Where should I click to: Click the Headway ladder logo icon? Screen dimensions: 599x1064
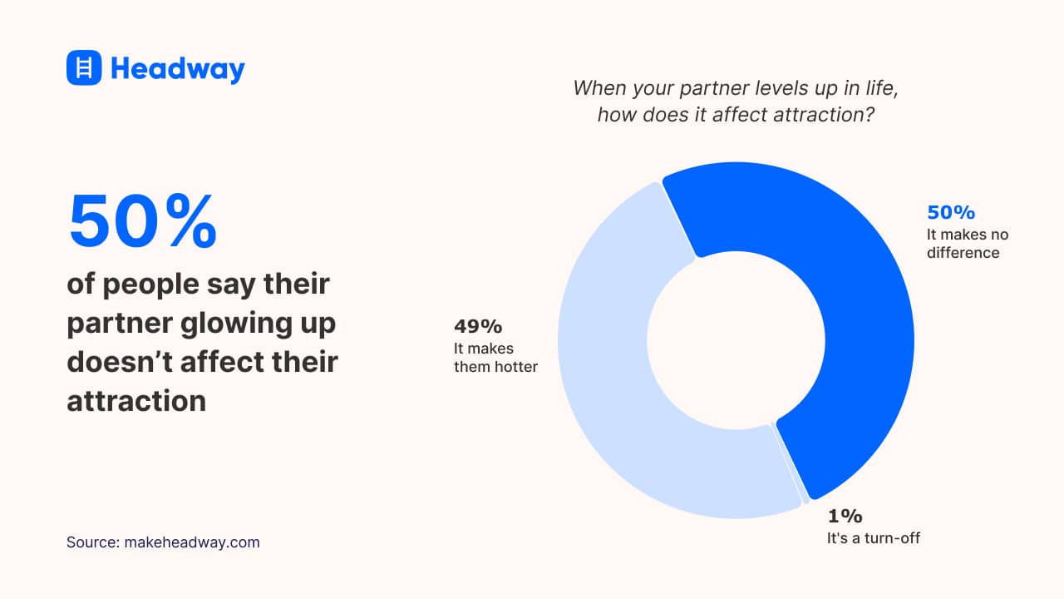click(x=84, y=67)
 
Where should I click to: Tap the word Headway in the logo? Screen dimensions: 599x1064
click(x=177, y=68)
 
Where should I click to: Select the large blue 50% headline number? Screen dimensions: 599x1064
click(x=142, y=222)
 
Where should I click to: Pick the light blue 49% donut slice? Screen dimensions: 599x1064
click(x=615, y=399)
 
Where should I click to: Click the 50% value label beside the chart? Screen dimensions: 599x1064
click(x=951, y=213)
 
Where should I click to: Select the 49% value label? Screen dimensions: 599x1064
click(x=478, y=326)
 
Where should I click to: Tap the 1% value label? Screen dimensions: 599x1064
click(x=844, y=516)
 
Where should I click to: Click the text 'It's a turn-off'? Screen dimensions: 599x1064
click(x=873, y=537)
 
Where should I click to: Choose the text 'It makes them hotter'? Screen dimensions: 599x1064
click(x=495, y=357)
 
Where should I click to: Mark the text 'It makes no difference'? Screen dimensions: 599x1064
click(x=968, y=244)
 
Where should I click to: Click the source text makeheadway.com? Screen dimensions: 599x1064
click(x=192, y=542)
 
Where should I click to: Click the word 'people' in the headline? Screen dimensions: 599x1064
click(x=154, y=285)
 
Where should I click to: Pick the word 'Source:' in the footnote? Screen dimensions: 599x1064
click(x=92, y=542)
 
